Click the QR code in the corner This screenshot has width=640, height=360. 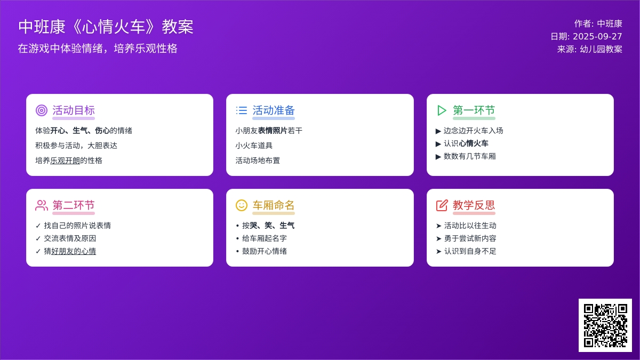(605, 325)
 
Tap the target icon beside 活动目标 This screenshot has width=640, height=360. (42, 110)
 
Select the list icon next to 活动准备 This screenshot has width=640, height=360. (242, 110)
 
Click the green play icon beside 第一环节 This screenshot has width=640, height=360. (442, 110)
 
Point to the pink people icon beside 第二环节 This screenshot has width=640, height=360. (42, 205)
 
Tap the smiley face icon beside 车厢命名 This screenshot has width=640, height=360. (242, 205)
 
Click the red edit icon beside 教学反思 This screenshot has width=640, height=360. (442, 205)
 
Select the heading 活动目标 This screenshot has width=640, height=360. (74, 110)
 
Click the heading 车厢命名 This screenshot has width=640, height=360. (274, 205)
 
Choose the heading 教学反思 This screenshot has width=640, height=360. (474, 205)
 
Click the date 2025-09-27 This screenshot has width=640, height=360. (597, 36)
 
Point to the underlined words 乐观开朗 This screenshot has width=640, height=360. (65, 161)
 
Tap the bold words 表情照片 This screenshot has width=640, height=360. (273, 131)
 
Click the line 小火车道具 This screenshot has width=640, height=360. (254, 146)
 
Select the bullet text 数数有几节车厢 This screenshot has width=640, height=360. (470, 156)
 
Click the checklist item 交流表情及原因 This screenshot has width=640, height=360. (70, 238)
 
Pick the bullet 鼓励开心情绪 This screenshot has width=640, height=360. (265, 251)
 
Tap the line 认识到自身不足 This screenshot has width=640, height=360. (470, 251)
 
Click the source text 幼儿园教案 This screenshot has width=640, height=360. (601, 49)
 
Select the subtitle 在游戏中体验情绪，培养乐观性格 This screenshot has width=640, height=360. (98, 49)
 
